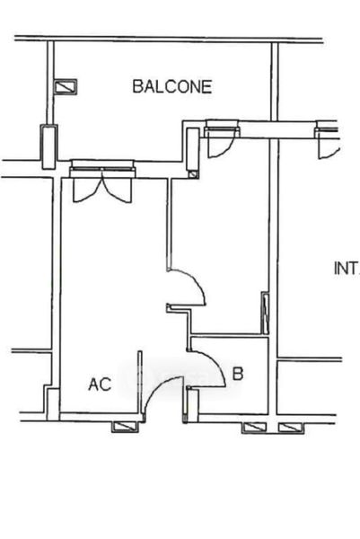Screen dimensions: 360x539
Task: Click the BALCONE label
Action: coord(172,86)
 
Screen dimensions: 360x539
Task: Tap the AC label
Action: coord(100,384)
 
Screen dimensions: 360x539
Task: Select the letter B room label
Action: coord(238,374)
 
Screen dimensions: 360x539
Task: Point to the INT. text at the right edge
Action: coord(347,268)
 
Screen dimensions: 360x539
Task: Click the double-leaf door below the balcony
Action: coord(102,186)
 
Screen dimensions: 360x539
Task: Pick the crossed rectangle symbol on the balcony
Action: coord(66,86)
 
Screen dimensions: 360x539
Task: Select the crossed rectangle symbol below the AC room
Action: coord(126,427)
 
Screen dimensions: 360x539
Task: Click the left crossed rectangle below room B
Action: coord(254,428)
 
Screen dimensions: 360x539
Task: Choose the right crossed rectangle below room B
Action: coord(291,428)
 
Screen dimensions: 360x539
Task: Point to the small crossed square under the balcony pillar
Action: coord(193,174)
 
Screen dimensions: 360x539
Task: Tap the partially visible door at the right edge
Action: coord(328,141)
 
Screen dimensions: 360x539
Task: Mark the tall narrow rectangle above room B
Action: coord(265,313)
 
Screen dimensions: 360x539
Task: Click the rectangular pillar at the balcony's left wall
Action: coord(48,147)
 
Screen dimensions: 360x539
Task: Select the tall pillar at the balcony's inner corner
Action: coord(193,149)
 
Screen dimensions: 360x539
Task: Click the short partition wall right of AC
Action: coord(140,383)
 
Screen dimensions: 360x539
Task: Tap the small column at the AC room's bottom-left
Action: coord(53,404)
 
